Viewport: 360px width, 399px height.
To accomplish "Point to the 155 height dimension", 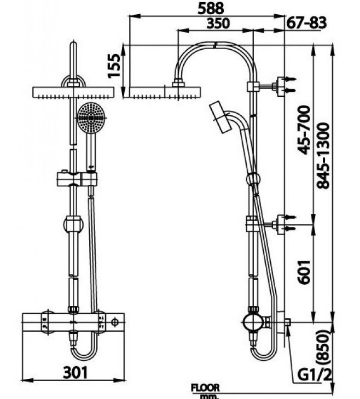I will [115, 65].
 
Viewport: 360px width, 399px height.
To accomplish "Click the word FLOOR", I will [205, 388].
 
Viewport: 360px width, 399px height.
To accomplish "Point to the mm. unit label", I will [206, 395].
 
